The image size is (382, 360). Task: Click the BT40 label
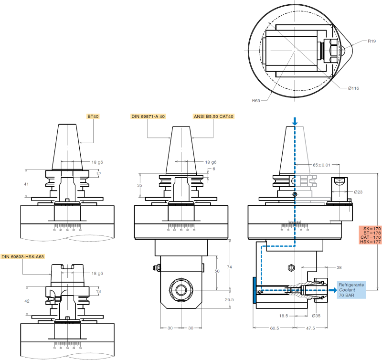93,116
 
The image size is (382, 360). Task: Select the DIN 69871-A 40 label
148,116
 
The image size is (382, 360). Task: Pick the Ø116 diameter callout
353,88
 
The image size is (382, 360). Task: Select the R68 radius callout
256,101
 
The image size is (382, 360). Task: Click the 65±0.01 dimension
321,165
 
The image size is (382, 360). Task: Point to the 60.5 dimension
273,329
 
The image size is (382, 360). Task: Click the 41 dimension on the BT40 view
26,184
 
